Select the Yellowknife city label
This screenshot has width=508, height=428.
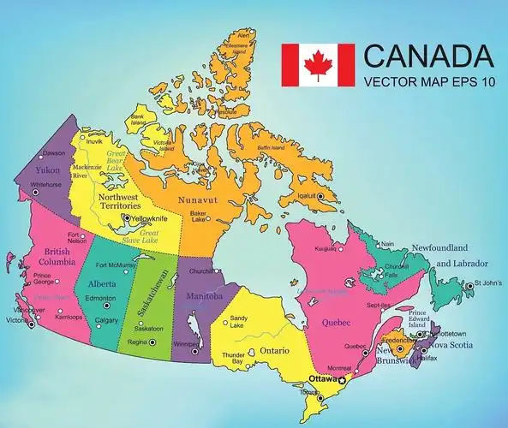point(149,219)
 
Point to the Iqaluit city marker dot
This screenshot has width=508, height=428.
point(320,197)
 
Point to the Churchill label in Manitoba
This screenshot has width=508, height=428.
point(200,271)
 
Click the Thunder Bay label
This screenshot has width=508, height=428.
point(234,358)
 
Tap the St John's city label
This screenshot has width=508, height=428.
point(488,282)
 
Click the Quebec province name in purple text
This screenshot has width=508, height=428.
point(338,323)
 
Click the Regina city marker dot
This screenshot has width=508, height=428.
point(153,342)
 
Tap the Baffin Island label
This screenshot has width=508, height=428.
point(271,148)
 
